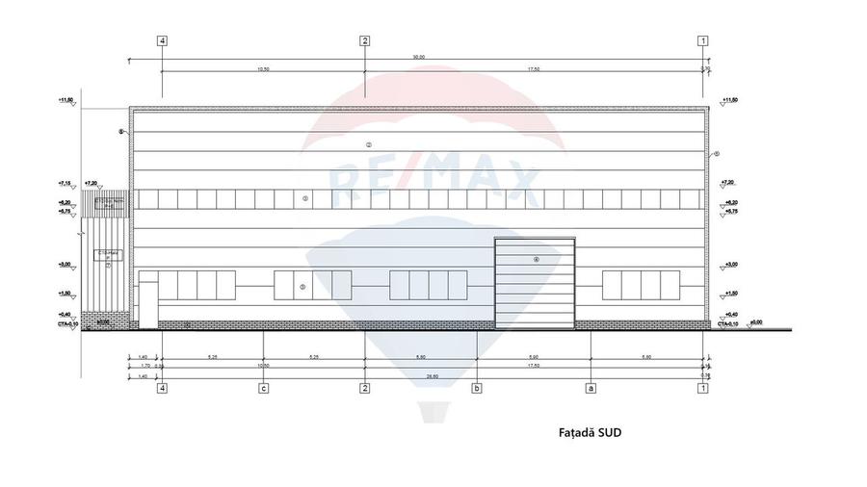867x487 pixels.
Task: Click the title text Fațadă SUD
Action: tap(590, 433)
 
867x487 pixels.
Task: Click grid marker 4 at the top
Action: tap(162, 40)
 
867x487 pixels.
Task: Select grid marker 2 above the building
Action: tap(364, 40)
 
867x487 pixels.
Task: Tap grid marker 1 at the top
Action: tap(703, 40)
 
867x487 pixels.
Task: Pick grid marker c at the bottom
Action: tap(262, 389)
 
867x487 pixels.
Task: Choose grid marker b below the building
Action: tap(476, 389)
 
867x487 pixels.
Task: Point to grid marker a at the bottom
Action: tap(590, 389)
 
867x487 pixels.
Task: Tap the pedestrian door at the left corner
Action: tap(147, 298)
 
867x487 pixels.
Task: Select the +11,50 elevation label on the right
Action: tap(729, 100)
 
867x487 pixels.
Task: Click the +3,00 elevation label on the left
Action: tap(66, 264)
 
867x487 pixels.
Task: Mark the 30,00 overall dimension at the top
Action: tap(418, 57)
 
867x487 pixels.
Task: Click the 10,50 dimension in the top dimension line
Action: tap(263, 69)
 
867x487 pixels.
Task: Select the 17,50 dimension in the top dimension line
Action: tap(534, 69)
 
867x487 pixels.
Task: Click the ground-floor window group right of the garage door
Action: tap(643, 286)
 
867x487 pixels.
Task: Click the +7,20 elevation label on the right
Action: tap(729, 182)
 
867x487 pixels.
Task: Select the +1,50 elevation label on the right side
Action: tap(729, 293)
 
